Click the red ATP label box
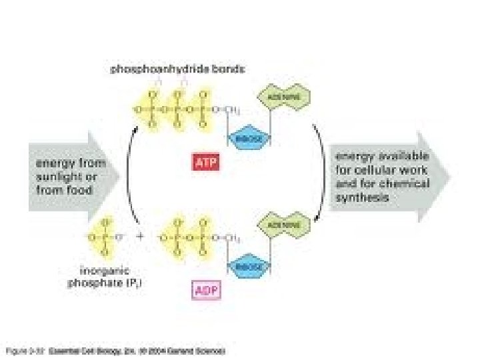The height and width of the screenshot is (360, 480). (x=205, y=163)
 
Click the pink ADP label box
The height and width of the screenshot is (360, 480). (x=206, y=290)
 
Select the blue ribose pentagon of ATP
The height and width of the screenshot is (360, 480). (x=249, y=138)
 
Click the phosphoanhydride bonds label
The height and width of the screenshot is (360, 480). (x=177, y=68)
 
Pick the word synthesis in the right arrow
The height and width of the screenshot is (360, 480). (x=363, y=197)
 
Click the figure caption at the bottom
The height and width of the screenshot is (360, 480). (x=116, y=349)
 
